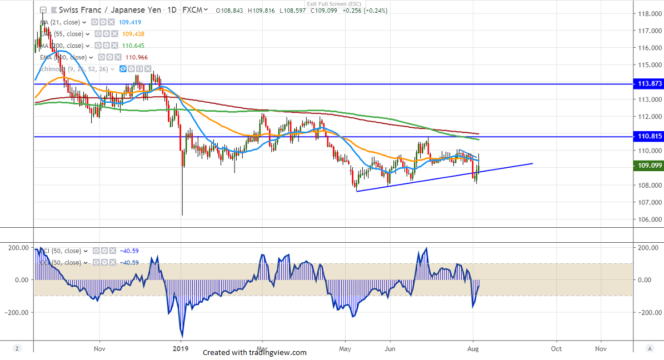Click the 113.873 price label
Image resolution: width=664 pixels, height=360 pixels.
(x=648, y=84)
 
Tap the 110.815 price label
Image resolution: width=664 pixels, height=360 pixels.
(x=648, y=136)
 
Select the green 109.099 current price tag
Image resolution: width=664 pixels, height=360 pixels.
(x=648, y=165)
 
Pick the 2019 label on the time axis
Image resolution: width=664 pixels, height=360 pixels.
(x=180, y=348)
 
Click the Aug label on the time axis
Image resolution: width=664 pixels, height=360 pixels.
(x=473, y=348)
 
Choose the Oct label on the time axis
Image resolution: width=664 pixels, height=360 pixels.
(x=556, y=348)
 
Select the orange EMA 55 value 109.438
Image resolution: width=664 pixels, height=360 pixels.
(x=133, y=34)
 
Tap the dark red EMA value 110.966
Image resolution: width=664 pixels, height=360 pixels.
(x=133, y=57)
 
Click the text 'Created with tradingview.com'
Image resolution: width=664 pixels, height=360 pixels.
(x=254, y=353)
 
